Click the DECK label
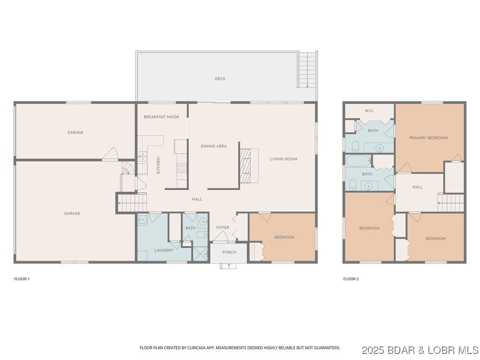tap(220, 79)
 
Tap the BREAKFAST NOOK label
tap(162, 117)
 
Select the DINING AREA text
tap(214, 146)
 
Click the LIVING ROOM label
tap(284, 159)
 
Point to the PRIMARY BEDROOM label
tap(428, 138)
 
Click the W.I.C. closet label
tap(369, 111)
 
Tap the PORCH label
tap(229, 252)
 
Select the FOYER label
tap(223, 227)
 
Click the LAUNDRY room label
tap(164, 250)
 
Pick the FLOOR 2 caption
tap(351, 279)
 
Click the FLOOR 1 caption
tap(22, 279)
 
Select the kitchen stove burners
tap(182, 168)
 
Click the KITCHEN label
tap(158, 165)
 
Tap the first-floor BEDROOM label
tap(285, 237)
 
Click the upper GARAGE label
tap(75, 133)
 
